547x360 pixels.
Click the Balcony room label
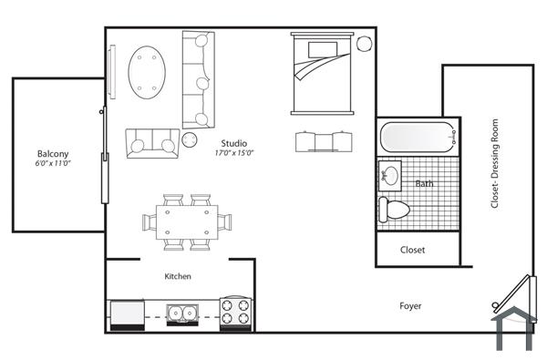pyautogui.click(x=53, y=154)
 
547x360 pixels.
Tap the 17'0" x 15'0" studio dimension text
pyautogui.click(x=233, y=153)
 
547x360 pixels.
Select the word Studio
pyautogui.click(x=233, y=143)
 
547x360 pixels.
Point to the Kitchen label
pyautogui.click(x=177, y=276)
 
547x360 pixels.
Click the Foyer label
pyautogui.click(x=410, y=306)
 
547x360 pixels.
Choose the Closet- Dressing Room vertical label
pyautogui.click(x=496, y=165)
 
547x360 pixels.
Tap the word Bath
pyautogui.click(x=425, y=183)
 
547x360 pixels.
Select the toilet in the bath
pyautogui.click(x=394, y=209)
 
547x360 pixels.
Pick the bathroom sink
pyautogui.click(x=390, y=175)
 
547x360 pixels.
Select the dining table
pyautogui.click(x=186, y=221)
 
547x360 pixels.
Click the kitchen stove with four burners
pyautogui.click(x=235, y=314)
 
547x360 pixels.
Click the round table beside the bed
pyautogui.click(x=364, y=44)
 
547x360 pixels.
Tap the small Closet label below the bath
pyautogui.click(x=413, y=250)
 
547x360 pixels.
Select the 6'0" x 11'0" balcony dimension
pyautogui.click(x=53, y=164)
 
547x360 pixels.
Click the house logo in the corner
pyautogui.click(x=513, y=326)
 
